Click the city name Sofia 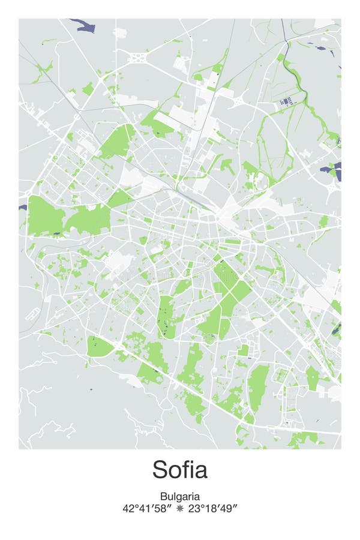pyautogui.click(x=179, y=469)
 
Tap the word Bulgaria pyautogui.click(x=179, y=496)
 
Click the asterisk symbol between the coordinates pyautogui.click(x=180, y=509)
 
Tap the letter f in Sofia pyautogui.click(x=187, y=469)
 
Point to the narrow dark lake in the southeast pyautogui.click(x=337, y=329)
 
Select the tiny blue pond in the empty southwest pyautogui.click(x=91, y=389)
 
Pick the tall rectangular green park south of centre pyautogui.click(x=164, y=316)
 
